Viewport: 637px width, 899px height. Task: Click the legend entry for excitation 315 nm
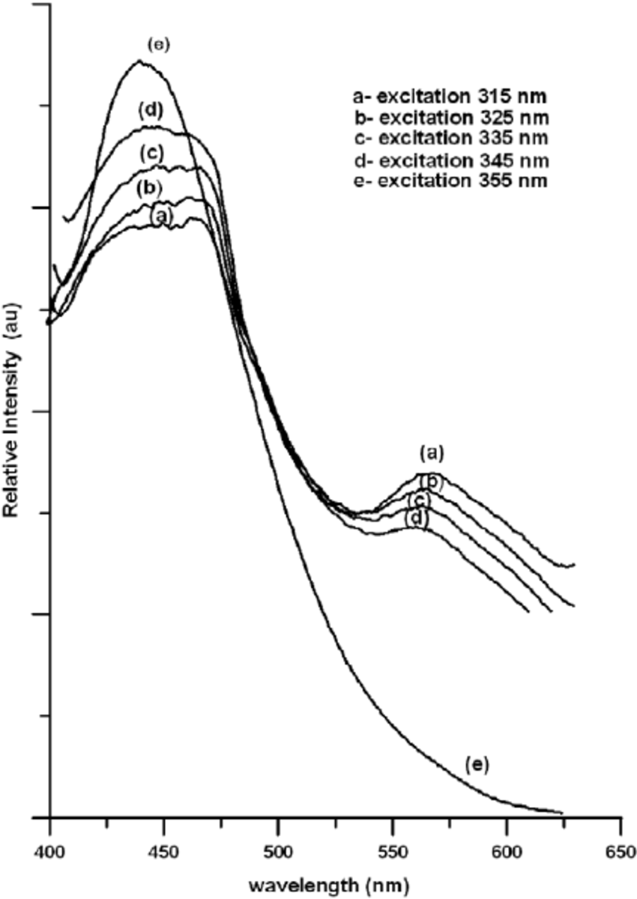tap(450, 96)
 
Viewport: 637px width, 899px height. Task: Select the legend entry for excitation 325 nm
tap(450, 118)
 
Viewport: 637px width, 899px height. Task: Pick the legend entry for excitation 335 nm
tap(450, 139)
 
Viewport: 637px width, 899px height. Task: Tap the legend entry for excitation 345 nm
tap(450, 160)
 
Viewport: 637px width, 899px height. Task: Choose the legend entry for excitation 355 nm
tap(450, 181)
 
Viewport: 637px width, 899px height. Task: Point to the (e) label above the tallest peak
tap(157, 44)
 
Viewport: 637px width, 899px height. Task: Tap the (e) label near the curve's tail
tap(476, 764)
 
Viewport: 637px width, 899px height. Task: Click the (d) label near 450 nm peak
tap(151, 112)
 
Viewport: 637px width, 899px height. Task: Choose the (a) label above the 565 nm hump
tap(432, 452)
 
